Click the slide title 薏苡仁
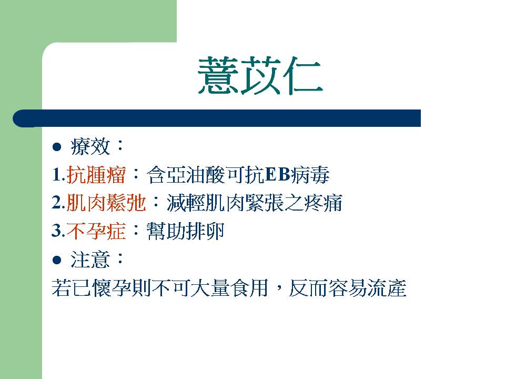tap(260, 76)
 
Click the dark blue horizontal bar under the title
tap(217, 118)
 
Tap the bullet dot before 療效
tap(57, 147)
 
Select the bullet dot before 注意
tap(57, 260)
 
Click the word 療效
tap(90, 147)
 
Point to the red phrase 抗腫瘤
tap(96, 175)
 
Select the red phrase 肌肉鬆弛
tap(106, 203)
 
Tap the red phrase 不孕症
tap(96, 231)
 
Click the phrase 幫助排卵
tap(185, 231)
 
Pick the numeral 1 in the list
tap(56, 175)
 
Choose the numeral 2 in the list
tap(56, 203)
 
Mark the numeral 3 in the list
tap(56, 231)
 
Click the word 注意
tap(90, 260)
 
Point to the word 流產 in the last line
tap(387, 288)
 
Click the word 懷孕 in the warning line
tap(112, 288)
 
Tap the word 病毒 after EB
tap(310, 175)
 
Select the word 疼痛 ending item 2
tap(322, 203)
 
